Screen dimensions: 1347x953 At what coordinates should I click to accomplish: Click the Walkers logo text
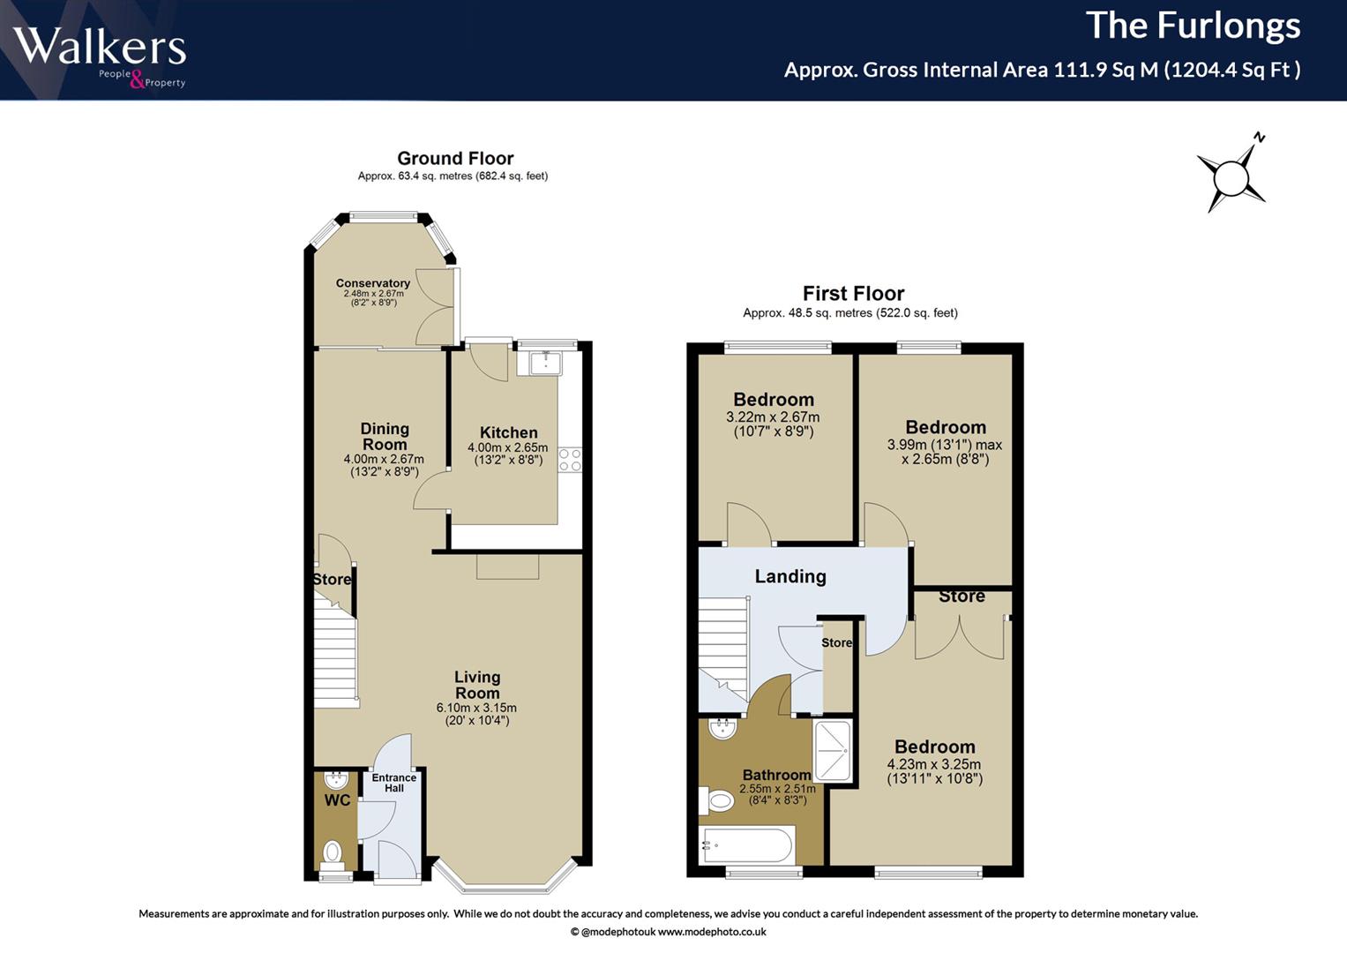coord(100,46)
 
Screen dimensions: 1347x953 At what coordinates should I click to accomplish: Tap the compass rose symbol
coord(1231,178)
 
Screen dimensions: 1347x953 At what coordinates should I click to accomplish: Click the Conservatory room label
coord(373,282)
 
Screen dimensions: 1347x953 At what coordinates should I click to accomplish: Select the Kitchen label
coord(509,432)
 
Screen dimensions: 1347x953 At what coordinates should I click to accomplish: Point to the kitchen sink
coord(545,363)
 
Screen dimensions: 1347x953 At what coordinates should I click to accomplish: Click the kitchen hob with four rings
coord(570,460)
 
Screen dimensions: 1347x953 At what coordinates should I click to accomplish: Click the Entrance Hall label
coord(394,783)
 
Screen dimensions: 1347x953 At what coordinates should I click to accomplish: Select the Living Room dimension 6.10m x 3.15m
coord(476,708)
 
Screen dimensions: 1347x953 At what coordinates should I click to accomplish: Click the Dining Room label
coord(385,437)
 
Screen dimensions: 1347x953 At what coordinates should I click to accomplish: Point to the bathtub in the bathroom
coord(746,844)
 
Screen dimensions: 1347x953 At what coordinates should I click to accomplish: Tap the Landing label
coord(790,576)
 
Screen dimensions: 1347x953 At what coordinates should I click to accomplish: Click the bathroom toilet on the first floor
coord(716,801)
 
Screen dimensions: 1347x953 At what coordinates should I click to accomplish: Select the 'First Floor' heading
coord(853,294)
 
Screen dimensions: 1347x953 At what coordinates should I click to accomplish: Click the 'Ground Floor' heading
coord(455,158)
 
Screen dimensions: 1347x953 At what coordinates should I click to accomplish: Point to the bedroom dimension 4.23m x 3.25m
coord(934,764)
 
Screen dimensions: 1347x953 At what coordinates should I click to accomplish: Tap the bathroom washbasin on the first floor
coord(722,729)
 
